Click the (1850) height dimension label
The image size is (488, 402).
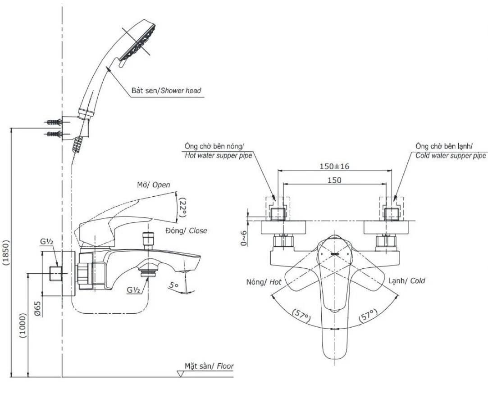point(6,253)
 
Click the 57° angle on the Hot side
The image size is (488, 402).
point(301,316)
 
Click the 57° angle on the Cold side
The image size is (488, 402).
point(366,316)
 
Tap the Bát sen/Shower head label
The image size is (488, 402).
point(166,90)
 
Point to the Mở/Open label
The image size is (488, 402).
point(154,185)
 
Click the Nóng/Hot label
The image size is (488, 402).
point(264,282)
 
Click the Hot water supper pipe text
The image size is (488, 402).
point(218,156)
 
